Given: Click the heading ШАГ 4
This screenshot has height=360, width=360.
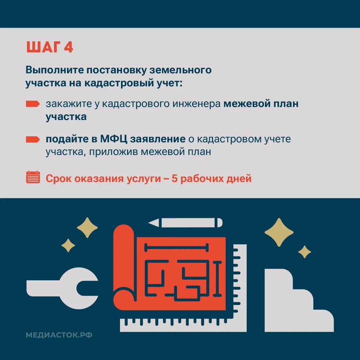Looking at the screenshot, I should [x=49, y=47].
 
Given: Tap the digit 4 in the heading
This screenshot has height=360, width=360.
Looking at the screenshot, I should [x=68, y=47].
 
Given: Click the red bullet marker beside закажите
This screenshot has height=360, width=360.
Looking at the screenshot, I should [x=33, y=104].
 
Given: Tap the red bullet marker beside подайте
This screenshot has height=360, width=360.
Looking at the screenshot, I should [x=33, y=139].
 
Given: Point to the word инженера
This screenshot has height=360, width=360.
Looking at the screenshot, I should [x=196, y=104].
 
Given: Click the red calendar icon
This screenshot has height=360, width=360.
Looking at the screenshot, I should [x=33, y=177].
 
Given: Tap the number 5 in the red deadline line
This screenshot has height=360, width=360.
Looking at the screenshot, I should [x=175, y=179].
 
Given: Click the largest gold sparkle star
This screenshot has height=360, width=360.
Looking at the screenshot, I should [x=279, y=232].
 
